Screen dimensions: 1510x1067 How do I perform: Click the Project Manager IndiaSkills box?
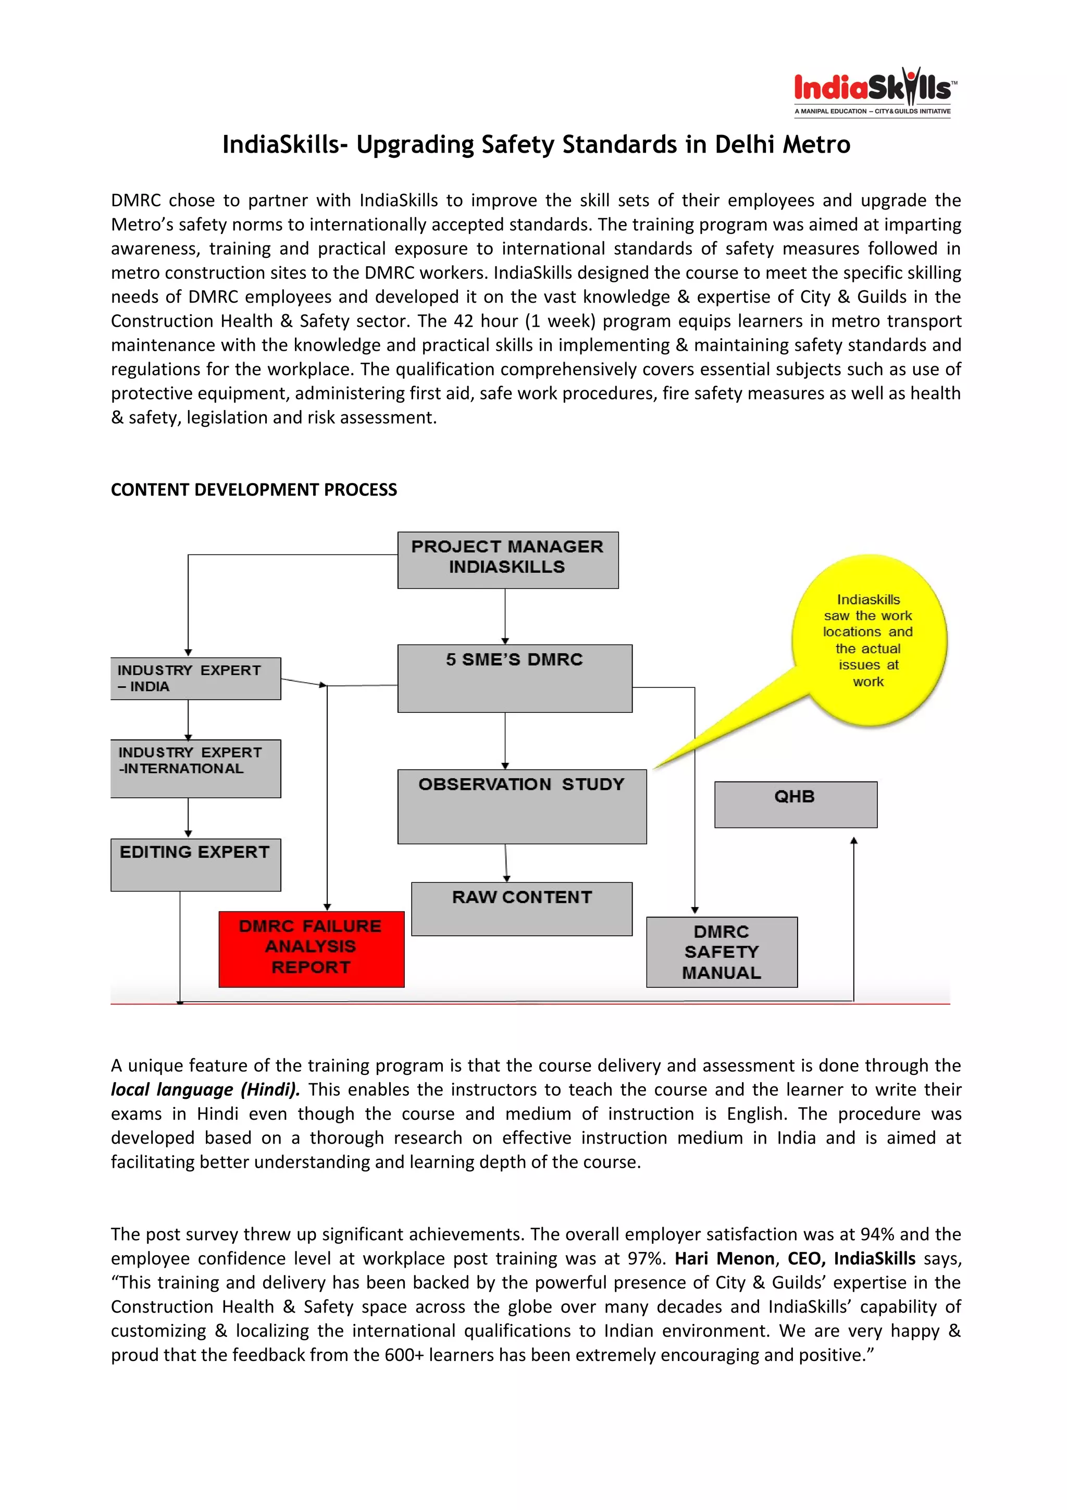[507, 560]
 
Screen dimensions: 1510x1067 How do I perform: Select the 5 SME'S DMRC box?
[515, 678]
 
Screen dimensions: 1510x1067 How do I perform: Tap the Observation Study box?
[522, 806]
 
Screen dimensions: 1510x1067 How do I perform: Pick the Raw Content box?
[522, 908]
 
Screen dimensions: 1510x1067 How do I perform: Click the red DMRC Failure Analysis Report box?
[311, 948]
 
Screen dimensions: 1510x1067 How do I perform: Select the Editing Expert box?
[195, 864]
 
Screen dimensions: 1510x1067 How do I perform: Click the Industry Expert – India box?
[195, 678]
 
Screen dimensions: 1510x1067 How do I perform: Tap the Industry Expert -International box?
[195, 768]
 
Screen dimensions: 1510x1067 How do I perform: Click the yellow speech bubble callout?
[869, 640]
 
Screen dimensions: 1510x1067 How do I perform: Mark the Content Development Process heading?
[254, 490]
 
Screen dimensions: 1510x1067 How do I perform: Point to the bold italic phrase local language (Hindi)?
[205, 1090]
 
